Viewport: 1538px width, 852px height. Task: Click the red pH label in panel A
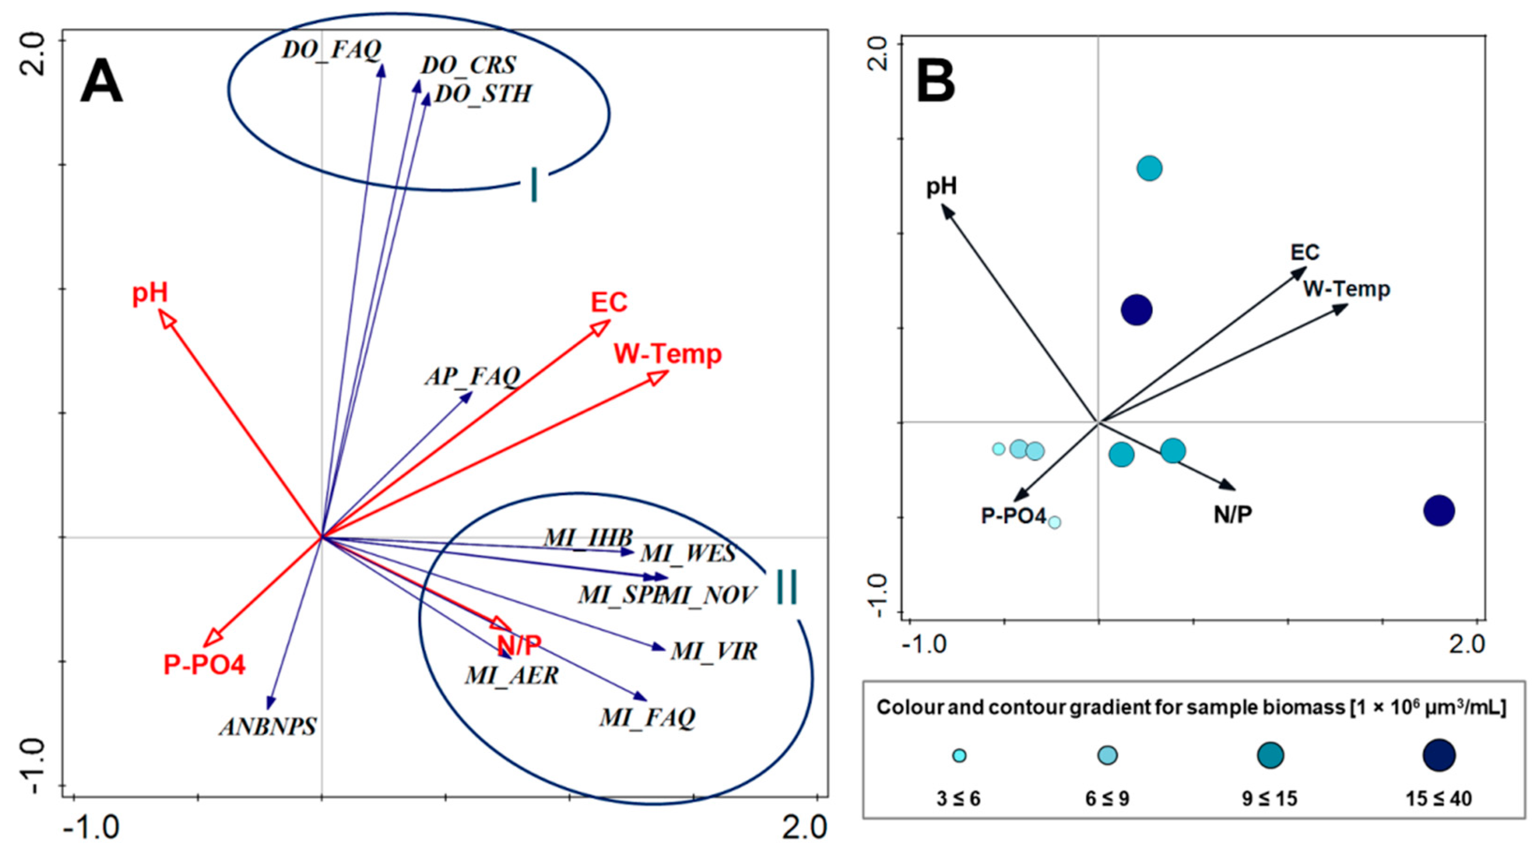(x=150, y=294)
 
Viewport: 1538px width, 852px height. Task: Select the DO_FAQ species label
(x=332, y=50)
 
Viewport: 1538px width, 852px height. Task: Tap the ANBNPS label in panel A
(x=268, y=727)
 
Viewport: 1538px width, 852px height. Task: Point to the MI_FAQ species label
(x=648, y=717)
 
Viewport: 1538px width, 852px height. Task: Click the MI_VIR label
(x=714, y=651)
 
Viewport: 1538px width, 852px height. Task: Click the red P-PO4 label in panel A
(x=204, y=665)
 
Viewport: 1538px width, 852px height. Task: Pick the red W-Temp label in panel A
(x=667, y=354)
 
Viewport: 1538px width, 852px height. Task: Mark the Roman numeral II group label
(x=786, y=588)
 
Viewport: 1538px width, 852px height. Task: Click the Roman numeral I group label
(x=534, y=185)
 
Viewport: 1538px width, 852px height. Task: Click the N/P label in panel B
(x=1233, y=514)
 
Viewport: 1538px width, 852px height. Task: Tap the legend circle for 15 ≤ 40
(x=1439, y=756)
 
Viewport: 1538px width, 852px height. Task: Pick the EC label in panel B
(x=1305, y=252)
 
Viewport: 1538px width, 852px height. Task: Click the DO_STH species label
(x=483, y=94)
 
